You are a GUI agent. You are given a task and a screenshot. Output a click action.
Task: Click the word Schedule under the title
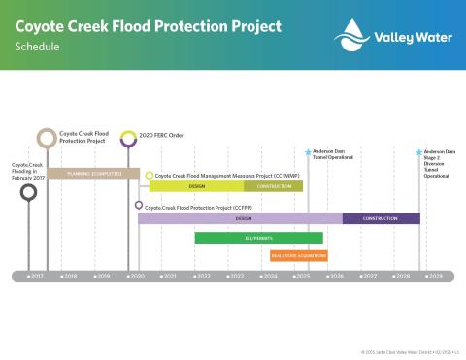(35, 46)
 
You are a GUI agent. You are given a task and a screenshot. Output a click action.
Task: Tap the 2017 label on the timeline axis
(35, 277)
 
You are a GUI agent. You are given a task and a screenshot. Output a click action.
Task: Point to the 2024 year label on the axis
(268, 277)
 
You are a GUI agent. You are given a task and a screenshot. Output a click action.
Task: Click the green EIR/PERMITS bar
(258, 238)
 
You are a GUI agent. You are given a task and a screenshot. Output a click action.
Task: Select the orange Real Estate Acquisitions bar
(298, 256)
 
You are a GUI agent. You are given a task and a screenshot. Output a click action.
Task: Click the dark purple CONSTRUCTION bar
(381, 219)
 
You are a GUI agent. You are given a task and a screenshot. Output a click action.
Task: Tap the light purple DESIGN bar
(241, 219)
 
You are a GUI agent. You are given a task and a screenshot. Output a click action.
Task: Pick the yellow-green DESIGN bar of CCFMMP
(196, 186)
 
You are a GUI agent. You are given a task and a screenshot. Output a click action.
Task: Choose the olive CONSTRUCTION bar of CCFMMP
(273, 186)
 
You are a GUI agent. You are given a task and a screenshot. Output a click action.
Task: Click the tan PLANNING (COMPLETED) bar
(93, 173)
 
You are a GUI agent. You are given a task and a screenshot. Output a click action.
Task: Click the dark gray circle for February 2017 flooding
(29, 192)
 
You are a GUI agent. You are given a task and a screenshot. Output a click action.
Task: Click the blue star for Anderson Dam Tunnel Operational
(308, 152)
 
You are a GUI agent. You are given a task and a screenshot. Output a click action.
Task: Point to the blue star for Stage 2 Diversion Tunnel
(419, 152)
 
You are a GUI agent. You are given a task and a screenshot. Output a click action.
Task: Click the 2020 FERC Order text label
(162, 136)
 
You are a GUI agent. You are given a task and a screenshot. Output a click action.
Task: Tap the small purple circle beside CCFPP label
(139, 206)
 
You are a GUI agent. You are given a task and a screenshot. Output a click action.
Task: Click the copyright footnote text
(408, 351)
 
